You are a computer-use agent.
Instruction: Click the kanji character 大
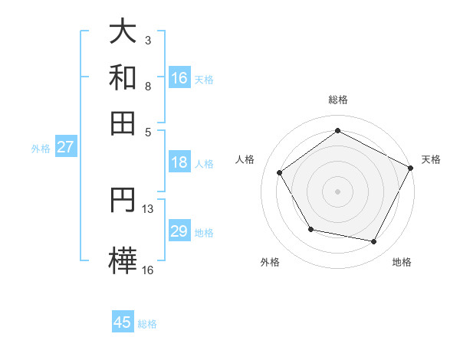[x=123, y=33]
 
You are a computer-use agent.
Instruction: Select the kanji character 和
[x=123, y=77]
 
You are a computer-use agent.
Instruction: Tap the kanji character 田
[x=123, y=122]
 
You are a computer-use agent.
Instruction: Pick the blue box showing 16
[x=179, y=77]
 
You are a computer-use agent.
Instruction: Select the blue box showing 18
[x=179, y=162]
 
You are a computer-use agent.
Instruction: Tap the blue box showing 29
[x=179, y=231]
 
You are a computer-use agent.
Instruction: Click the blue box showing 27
[x=65, y=147]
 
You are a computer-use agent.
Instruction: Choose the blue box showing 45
[x=123, y=322]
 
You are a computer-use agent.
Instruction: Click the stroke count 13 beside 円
[x=148, y=209]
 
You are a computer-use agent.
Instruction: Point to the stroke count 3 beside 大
[x=148, y=40]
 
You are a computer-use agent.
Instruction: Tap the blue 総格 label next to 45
[x=147, y=324]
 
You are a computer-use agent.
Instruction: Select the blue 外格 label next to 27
[x=41, y=149]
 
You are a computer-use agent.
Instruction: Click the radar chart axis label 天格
[x=431, y=159]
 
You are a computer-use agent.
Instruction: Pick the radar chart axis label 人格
[x=245, y=159]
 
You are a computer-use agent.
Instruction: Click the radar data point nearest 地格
[x=374, y=241]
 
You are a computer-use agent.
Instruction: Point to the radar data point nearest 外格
[x=310, y=229]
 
